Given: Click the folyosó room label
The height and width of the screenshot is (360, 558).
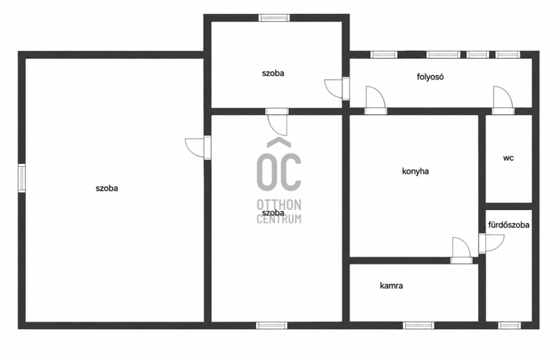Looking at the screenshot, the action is (x=430, y=77).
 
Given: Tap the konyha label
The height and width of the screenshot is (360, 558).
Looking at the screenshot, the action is (x=415, y=171).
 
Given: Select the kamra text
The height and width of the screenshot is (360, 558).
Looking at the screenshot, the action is (x=391, y=285).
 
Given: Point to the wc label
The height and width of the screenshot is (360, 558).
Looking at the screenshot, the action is (x=508, y=158).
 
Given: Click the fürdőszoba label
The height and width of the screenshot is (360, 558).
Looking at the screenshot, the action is (x=509, y=225).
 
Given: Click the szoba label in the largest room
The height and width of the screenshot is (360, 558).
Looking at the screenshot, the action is (x=107, y=188).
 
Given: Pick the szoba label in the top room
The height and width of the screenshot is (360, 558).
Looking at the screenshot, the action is (x=273, y=73).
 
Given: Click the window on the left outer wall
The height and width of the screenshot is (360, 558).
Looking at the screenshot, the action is (x=22, y=178).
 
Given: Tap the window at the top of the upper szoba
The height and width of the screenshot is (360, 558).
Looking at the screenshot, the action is (x=274, y=18).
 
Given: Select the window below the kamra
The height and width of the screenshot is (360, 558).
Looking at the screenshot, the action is (x=418, y=325).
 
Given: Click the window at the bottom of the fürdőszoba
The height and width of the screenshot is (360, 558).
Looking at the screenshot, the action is (x=509, y=325).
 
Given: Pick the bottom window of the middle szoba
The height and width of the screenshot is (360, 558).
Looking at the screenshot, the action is (x=271, y=325).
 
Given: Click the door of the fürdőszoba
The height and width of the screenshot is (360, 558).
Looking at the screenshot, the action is (x=491, y=243).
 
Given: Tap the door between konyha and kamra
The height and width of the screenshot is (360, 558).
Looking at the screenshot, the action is (x=462, y=250).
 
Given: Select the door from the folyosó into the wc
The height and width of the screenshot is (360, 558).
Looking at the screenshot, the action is (x=503, y=100).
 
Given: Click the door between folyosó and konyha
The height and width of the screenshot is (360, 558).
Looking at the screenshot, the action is (x=376, y=100).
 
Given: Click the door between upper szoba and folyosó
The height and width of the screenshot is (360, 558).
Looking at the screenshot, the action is (x=337, y=89).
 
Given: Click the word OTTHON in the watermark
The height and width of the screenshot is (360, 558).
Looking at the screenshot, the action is (x=279, y=204).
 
